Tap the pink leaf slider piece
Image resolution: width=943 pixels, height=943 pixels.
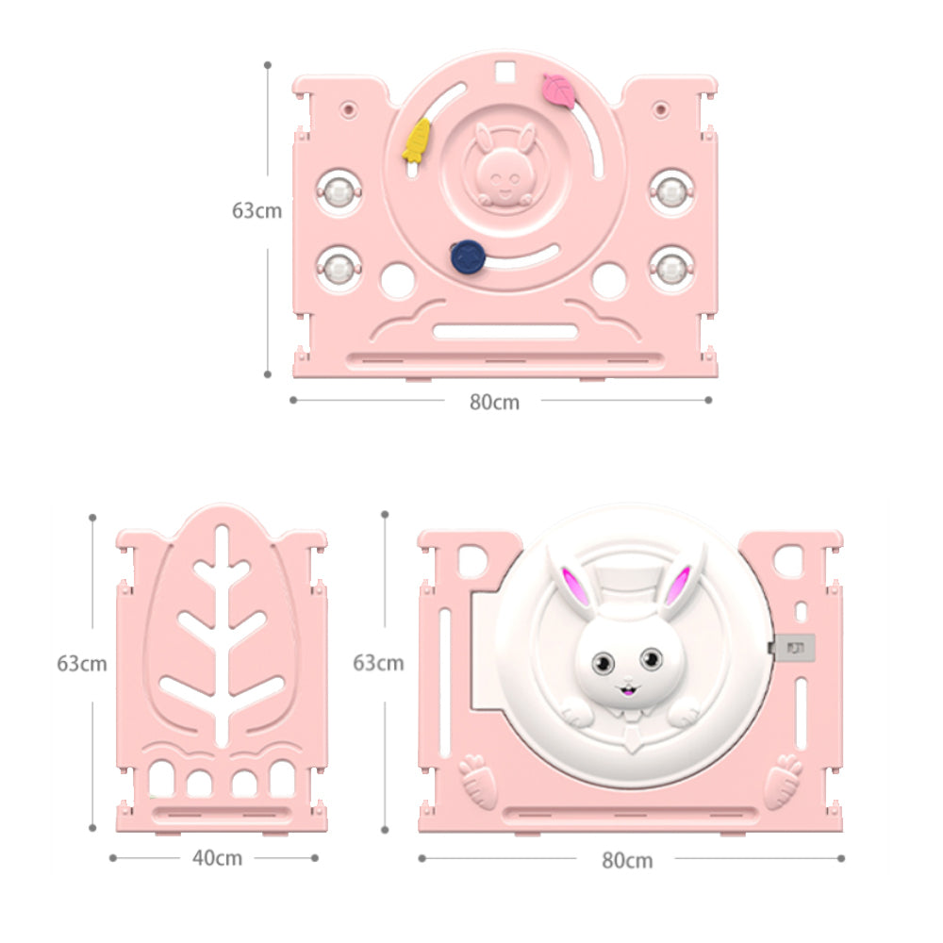[560, 91]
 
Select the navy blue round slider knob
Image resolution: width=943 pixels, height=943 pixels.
[469, 256]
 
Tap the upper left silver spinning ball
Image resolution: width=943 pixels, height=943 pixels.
[339, 192]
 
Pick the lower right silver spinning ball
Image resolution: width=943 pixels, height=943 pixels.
[671, 268]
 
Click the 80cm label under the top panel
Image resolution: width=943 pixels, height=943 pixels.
[494, 403]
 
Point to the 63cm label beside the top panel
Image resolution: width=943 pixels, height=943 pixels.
[256, 210]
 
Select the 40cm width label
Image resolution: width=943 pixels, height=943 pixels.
[217, 858]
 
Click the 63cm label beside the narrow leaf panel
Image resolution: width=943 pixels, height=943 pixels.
[82, 663]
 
